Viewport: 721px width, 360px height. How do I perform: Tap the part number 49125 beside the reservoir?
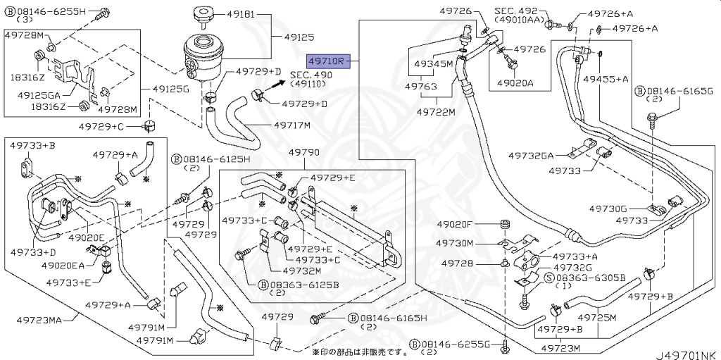click(299, 37)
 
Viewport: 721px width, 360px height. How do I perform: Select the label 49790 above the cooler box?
click(304, 152)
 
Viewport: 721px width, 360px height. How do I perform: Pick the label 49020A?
click(515, 82)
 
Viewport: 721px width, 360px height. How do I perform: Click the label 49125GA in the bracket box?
click(38, 94)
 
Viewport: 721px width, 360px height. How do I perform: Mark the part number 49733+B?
click(32, 145)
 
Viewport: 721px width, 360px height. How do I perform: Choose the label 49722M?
click(436, 111)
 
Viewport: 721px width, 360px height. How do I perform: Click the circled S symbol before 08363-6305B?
click(548, 278)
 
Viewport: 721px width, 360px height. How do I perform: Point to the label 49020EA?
click(63, 265)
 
